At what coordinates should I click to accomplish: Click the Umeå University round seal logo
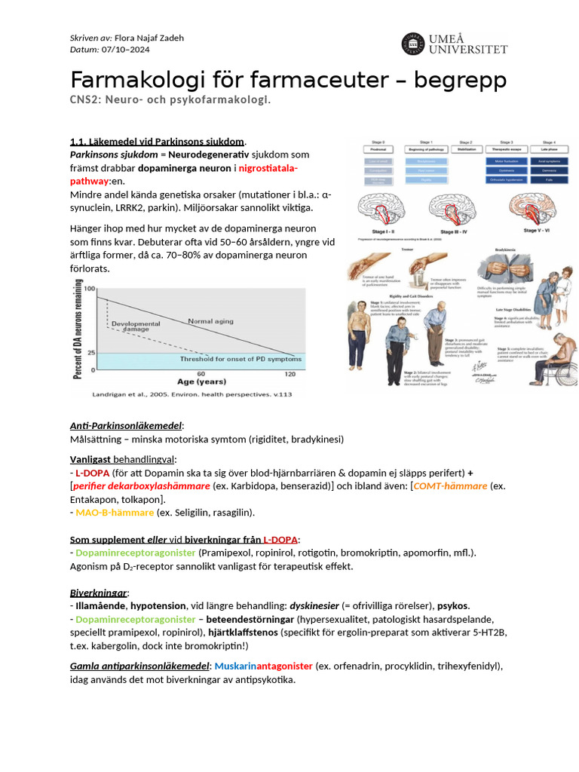tap(413, 43)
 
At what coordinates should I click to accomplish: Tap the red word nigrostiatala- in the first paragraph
tap(268, 167)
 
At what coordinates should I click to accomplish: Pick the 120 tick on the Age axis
tap(289, 375)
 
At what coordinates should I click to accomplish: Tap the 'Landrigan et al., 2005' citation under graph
tap(143, 394)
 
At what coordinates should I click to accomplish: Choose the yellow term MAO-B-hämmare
tap(114, 513)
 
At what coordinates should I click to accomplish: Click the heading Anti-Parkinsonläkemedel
tap(126, 426)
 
